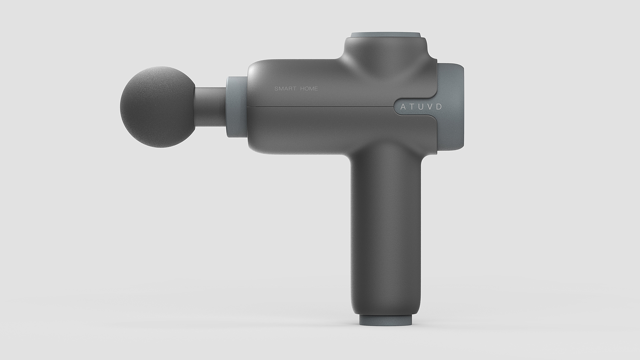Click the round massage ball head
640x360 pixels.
tap(157, 107)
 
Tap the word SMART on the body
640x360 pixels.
tap(285, 89)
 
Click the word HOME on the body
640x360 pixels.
tap(309, 89)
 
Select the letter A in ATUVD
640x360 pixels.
tap(403, 107)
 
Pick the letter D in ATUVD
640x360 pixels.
tap(439, 107)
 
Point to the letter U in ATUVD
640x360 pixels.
tap(421, 107)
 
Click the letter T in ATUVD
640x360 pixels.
tap(412, 107)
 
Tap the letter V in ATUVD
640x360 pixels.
tap(430, 107)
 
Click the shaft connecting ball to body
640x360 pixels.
tap(211, 107)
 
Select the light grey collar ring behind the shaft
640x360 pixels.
tap(237, 107)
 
